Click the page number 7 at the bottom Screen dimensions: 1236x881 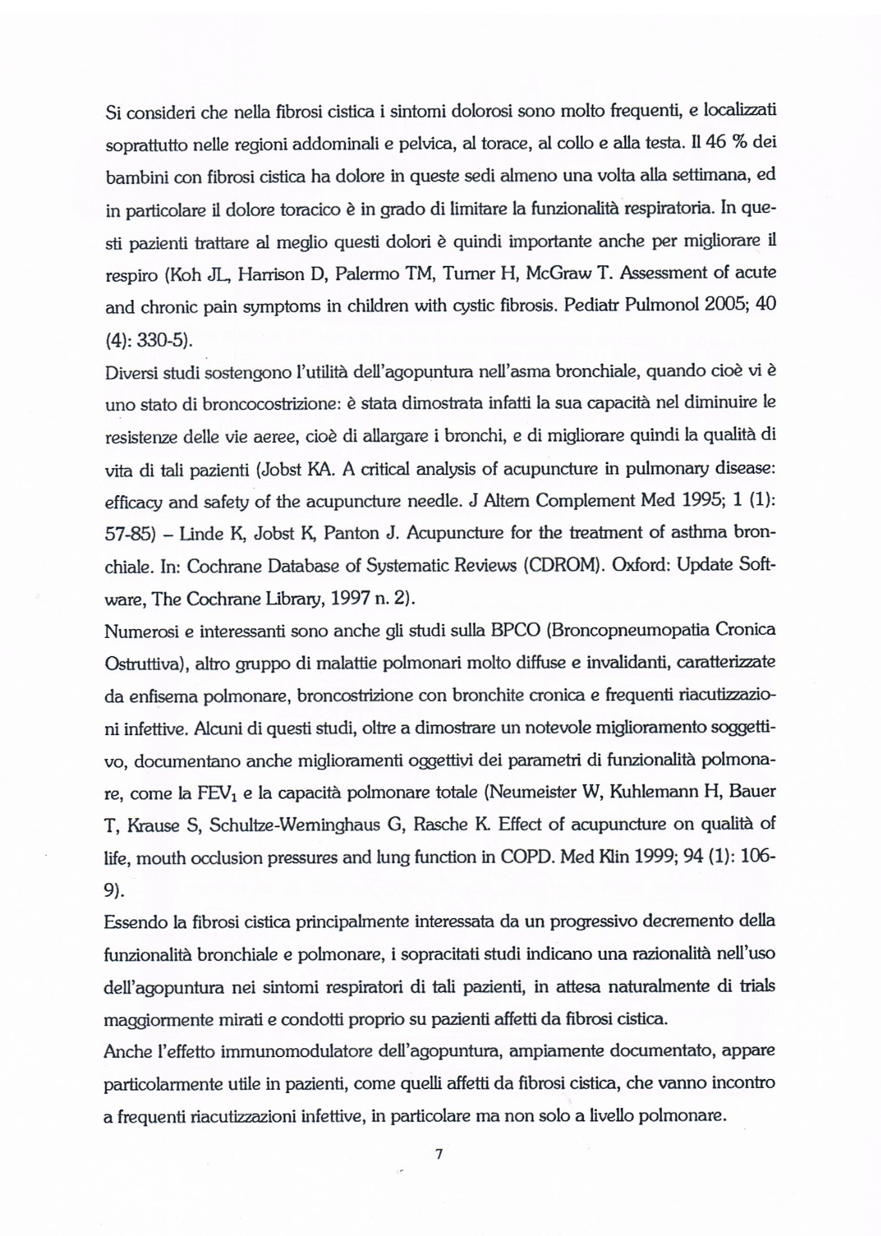point(439,1155)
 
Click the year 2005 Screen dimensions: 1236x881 point(718,307)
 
